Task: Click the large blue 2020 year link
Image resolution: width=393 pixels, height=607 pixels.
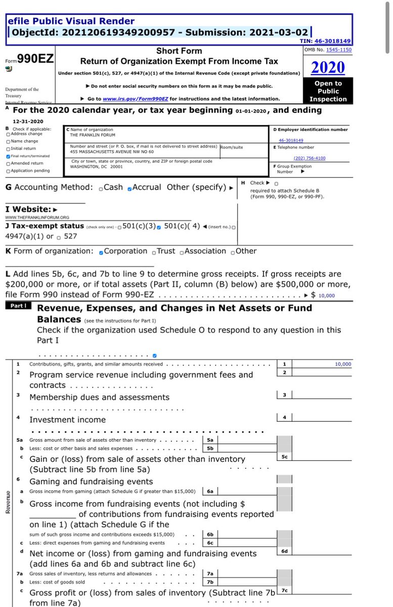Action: click(x=328, y=67)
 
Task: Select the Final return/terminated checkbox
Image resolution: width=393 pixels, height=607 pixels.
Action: click(x=8, y=156)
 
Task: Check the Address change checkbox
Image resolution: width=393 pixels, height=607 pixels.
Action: click(x=8, y=134)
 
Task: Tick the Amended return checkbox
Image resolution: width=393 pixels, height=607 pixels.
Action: click(x=8, y=163)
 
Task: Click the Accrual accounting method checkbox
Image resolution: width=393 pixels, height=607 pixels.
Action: click(x=130, y=189)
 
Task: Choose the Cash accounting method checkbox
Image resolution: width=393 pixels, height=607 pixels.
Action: click(x=101, y=189)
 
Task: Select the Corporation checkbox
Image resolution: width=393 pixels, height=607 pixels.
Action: click(x=102, y=252)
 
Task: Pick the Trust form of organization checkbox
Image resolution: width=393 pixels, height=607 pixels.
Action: click(x=154, y=252)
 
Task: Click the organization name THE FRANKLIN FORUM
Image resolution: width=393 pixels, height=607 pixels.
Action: click(x=93, y=135)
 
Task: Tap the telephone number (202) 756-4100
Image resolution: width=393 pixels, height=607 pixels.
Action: click(x=310, y=158)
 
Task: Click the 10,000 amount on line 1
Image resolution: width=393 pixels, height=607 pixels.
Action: click(x=342, y=364)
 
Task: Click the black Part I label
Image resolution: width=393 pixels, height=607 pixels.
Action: click(x=19, y=306)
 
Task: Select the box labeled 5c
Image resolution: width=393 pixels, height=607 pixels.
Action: click(x=284, y=457)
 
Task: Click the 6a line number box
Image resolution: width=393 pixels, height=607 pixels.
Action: click(x=209, y=491)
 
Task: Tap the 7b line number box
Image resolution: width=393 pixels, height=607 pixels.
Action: click(x=209, y=582)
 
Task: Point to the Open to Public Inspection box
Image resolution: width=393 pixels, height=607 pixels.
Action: click(x=328, y=91)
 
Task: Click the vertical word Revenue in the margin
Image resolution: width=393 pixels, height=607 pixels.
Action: click(x=8, y=502)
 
